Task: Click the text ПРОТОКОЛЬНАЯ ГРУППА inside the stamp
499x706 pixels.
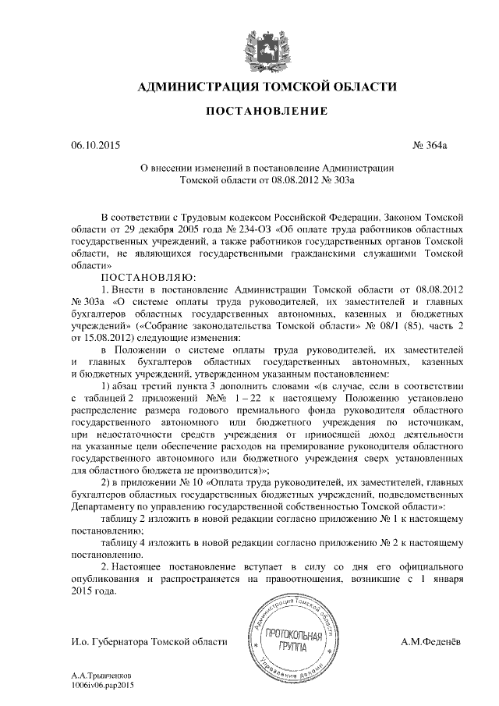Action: click(x=292, y=640)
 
